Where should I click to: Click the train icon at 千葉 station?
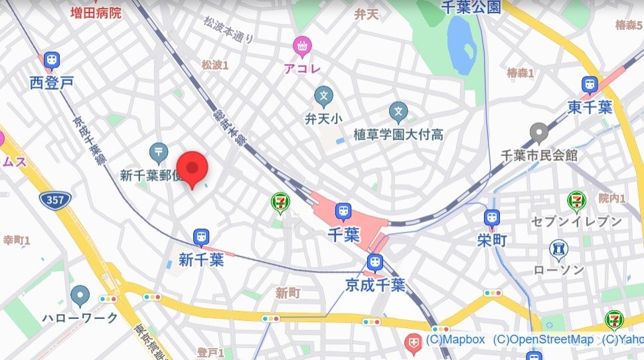pos(343,212)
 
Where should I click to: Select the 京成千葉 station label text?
pos(374,285)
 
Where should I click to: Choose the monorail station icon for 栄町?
pos(491,218)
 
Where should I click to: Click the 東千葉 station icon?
pos(589,85)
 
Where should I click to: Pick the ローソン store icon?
pos(559,250)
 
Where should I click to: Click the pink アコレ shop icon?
pos(302,46)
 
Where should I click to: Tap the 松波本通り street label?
pos(228,30)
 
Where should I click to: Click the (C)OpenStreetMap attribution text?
pos(543,339)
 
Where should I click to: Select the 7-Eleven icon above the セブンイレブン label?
pos(576,200)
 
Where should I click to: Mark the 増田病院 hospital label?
pos(97,12)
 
